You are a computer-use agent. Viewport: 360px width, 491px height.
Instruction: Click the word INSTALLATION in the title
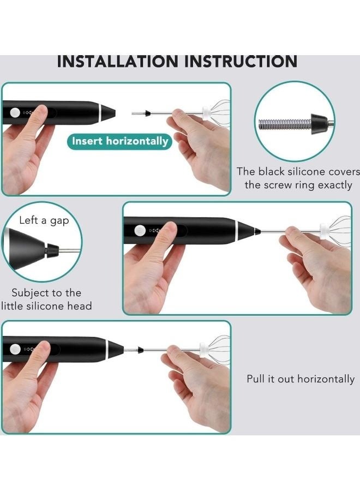click(x=117, y=61)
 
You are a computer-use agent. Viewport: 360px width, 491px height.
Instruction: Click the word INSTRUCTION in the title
click(x=241, y=61)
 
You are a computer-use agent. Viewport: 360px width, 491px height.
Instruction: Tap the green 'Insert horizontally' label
click(x=120, y=141)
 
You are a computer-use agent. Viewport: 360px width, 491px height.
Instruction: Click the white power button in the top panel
click(x=15, y=113)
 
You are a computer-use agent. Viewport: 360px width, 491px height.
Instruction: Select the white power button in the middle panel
click(x=140, y=231)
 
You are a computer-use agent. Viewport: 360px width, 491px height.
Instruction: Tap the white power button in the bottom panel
click(x=15, y=349)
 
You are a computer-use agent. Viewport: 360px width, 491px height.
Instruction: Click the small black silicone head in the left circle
click(x=52, y=251)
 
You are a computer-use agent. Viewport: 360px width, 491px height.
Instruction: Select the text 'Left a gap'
click(x=44, y=220)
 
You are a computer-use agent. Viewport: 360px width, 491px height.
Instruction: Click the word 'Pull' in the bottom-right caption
click(x=255, y=379)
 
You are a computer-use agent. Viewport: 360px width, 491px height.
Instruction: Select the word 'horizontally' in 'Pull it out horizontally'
click(x=326, y=379)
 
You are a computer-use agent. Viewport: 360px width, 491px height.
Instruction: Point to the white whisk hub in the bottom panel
click(x=204, y=348)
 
